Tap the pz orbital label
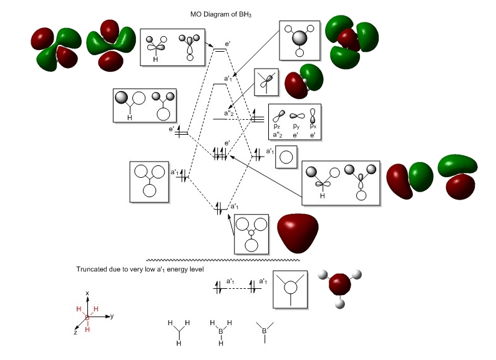[x=276, y=127]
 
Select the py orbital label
[x=296, y=127]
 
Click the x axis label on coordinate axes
[x=88, y=292]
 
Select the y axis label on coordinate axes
[x=112, y=316]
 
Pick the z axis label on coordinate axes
[x=75, y=333]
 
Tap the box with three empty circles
[x=149, y=182]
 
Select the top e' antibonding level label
[x=228, y=43]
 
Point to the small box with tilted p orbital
[x=266, y=82]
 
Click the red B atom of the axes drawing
[x=87, y=318]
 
